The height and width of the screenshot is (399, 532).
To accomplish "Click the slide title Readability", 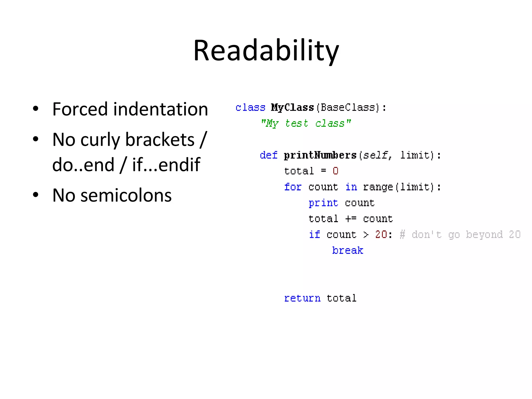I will point(266,51).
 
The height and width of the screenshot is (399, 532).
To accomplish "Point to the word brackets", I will point(160,140).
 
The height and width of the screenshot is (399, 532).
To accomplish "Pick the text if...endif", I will point(166,165).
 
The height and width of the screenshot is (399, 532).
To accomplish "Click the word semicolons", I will point(126,195).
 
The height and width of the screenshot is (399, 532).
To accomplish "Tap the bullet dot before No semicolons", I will point(36,195).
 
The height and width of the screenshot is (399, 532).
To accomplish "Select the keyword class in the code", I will point(250,108).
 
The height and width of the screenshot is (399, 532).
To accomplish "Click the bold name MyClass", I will point(292,108).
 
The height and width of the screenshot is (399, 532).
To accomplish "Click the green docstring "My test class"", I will point(306,123).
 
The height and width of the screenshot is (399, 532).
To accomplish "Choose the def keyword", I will point(269,155).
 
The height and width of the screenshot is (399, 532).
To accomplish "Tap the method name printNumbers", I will point(320,155).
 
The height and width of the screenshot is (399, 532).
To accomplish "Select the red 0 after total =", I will point(335,171).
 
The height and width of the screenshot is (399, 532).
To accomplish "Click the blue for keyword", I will point(293,187).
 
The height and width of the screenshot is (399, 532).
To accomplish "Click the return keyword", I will point(302,298).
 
